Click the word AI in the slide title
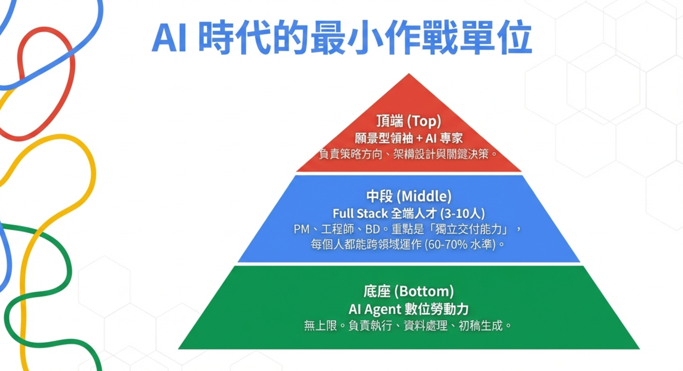point(169,38)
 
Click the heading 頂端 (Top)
point(409,121)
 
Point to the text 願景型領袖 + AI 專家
point(409,138)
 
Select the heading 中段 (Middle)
point(409,196)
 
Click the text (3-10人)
point(462,214)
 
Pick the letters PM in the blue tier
point(301,229)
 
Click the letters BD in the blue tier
point(372,229)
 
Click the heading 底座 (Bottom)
point(409,291)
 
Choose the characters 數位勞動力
point(437,309)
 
